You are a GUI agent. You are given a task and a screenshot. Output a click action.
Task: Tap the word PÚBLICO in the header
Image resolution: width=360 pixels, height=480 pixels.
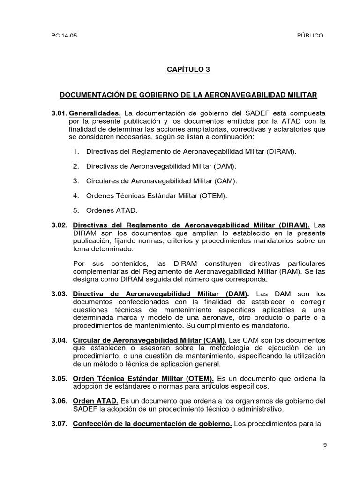(x=310, y=36)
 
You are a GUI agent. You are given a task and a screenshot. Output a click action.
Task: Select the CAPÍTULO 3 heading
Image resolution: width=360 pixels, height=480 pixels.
(x=188, y=69)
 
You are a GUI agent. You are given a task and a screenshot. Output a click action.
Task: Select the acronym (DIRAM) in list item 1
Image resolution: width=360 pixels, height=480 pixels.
(x=281, y=152)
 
